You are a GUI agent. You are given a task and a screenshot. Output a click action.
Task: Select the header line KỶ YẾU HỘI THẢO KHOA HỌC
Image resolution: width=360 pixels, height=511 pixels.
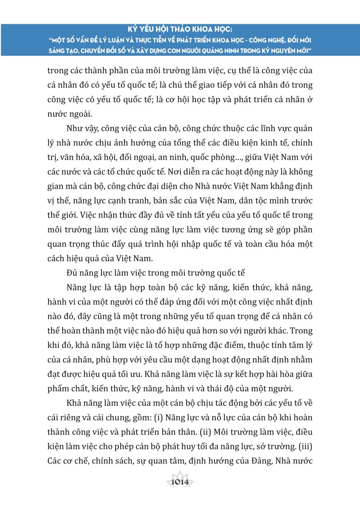(180, 31)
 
